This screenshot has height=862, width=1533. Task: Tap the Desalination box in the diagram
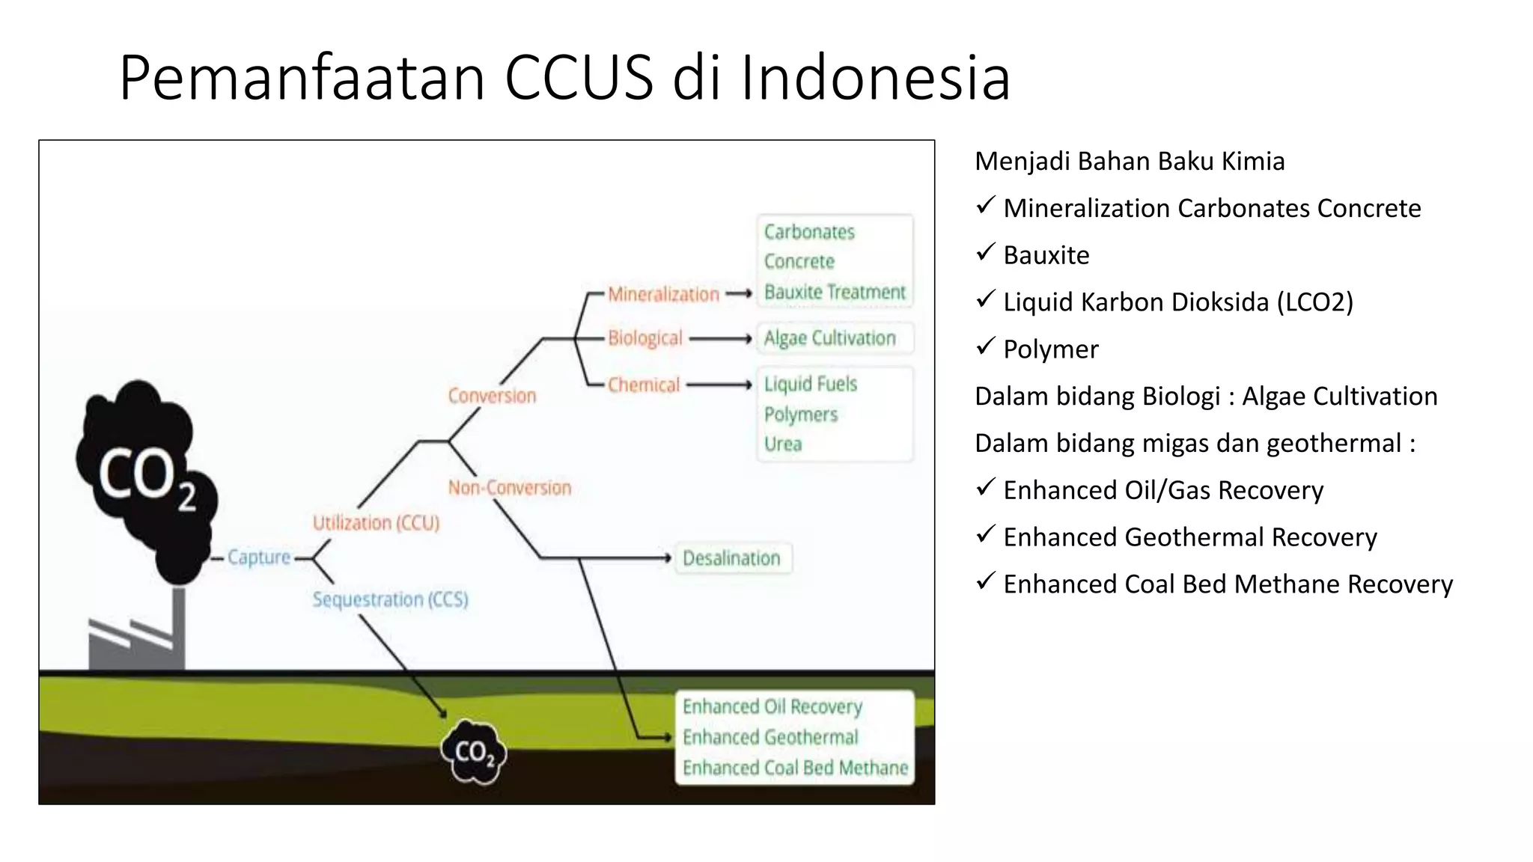click(x=732, y=558)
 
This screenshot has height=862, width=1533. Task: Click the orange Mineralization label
click(x=663, y=294)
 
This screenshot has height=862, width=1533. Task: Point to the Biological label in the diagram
click(x=644, y=338)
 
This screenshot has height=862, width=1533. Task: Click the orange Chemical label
click(x=643, y=385)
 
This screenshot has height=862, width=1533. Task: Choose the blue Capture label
click(x=259, y=557)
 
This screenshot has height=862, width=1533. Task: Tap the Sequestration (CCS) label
click(x=390, y=599)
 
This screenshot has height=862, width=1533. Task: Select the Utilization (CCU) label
click(x=376, y=523)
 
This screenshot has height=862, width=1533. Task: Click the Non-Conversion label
click(x=509, y=488)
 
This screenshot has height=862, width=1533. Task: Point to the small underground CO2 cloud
click(x=473, y=752)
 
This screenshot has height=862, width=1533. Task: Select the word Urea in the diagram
click(x=783, y=444)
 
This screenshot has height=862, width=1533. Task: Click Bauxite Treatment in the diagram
click(x=835, y=292)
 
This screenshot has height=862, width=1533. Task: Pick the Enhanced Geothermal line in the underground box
click(x=770, y=738)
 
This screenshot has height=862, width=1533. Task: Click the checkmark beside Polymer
click(x=985, y=346)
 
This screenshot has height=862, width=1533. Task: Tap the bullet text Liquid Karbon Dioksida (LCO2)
click(x=1178, y=302)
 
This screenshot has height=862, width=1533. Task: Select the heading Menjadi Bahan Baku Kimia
click(x=1130, y=162)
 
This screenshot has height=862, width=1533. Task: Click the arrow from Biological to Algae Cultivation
click(x=720, y=339)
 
